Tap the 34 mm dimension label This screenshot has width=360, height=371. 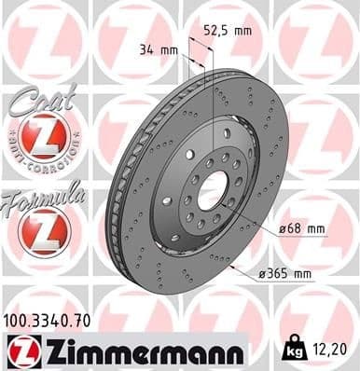[x=157, y=50]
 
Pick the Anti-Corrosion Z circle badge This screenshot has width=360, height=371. [x=43, y=139]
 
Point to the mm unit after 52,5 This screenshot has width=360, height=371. [x=242, y=31]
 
